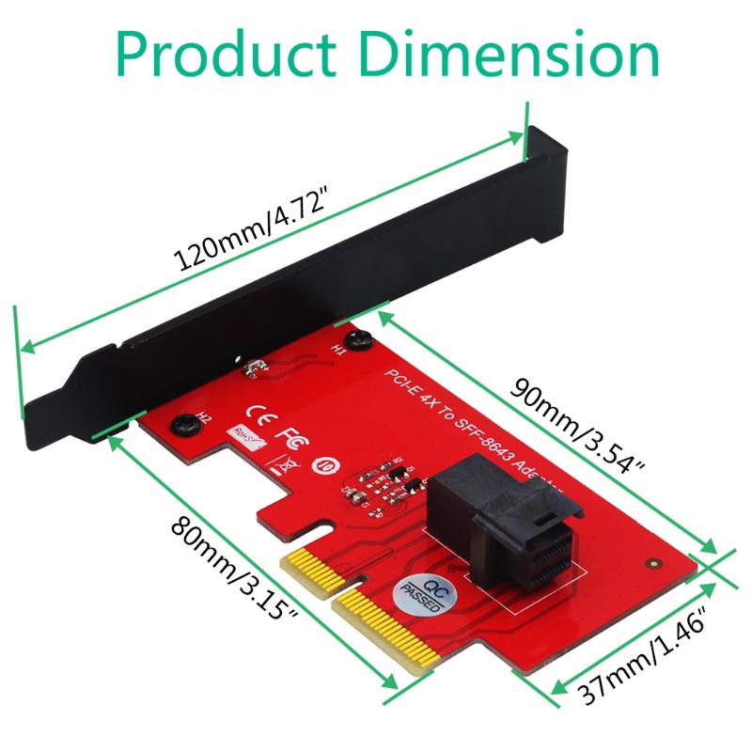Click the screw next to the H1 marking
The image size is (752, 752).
[x=354, y=337]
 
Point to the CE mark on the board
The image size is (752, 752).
[x=257, y=414]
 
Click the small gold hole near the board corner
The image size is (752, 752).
[x=651, y=566]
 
